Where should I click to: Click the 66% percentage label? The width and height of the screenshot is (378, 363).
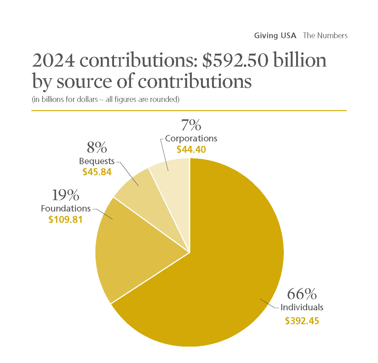pos(302,294)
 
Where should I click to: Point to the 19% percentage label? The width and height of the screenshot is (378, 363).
pos(66,195)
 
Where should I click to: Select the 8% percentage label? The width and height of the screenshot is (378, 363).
pos(97,147)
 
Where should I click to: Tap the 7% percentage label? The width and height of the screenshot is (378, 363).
pos(191,125)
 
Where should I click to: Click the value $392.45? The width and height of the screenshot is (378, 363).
pos(302,321)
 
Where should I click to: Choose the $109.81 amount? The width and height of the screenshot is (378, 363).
pos(66,219)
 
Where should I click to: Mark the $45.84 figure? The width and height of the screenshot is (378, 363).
pos(97,172)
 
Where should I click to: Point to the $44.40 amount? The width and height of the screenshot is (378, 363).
pos(191,149)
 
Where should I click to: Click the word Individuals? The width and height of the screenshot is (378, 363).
pos(302,307)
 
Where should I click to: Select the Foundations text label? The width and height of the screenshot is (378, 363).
pos(66,208)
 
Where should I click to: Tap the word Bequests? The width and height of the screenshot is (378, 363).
pos(97,161)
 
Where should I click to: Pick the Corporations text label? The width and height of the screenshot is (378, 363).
pos(191,138)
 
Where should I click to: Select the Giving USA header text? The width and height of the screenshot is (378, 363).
pos(275,35)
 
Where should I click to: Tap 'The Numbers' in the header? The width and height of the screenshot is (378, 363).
pos(325,35)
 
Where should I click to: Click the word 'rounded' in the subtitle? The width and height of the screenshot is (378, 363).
pos(164,99)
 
